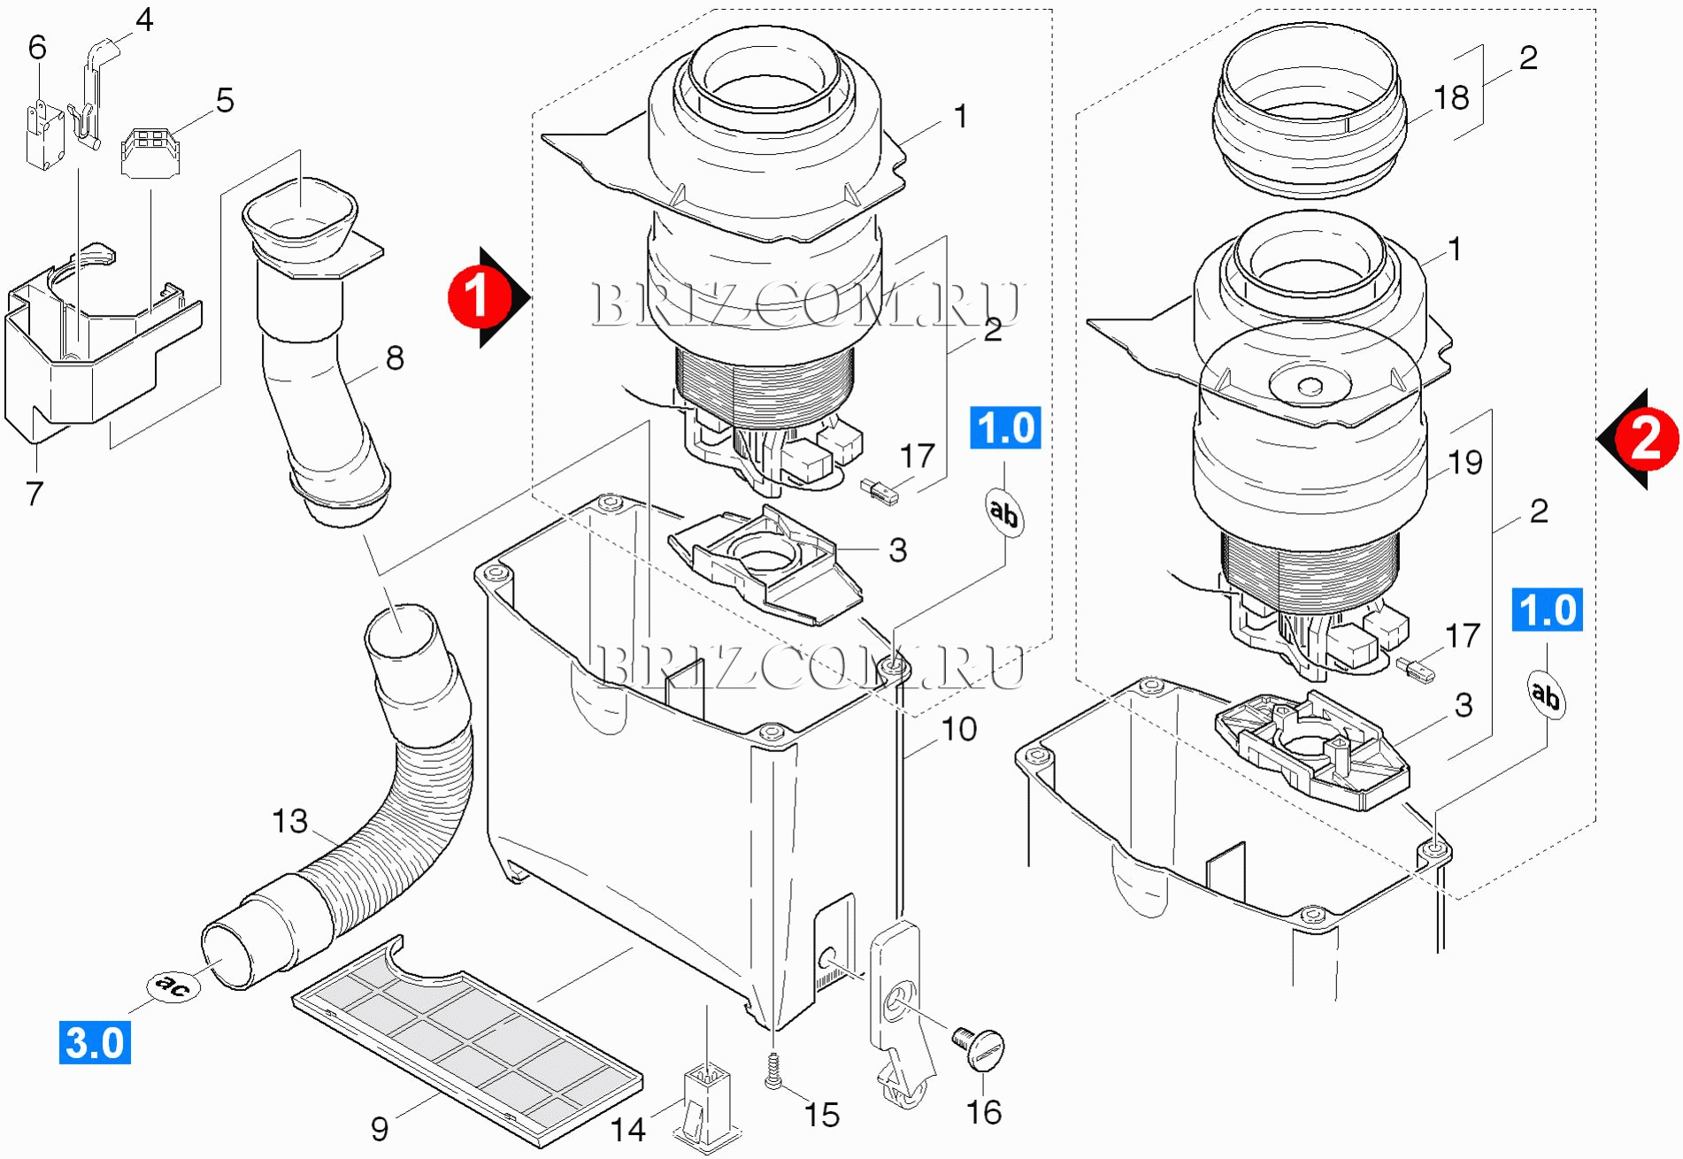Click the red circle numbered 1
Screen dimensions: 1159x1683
478,297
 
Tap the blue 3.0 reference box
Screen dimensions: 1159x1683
95,1042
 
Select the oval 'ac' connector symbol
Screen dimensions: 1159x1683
173,985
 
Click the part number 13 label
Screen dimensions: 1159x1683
289,821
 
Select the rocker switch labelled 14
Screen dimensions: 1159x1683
707,1106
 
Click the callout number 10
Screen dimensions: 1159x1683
958,729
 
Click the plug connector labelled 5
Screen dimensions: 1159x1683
150,152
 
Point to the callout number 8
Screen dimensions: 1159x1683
395,358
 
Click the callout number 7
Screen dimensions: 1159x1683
35,494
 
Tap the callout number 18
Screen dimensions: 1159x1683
1451,97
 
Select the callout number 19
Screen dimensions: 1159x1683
1465,462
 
